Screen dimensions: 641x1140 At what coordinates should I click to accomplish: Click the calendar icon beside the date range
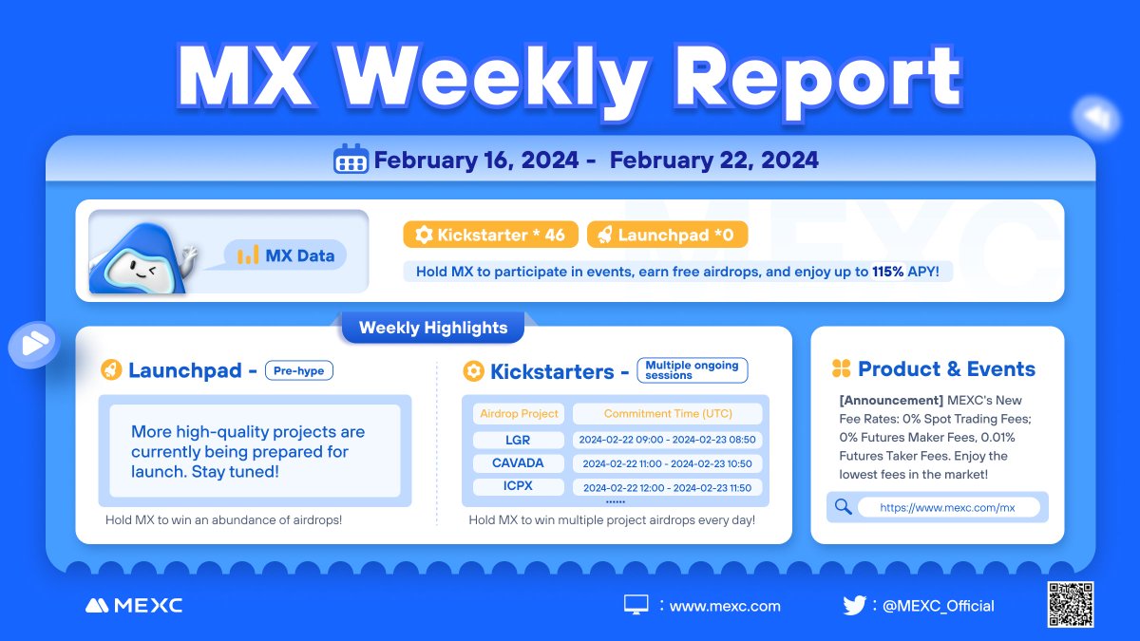point(351,160)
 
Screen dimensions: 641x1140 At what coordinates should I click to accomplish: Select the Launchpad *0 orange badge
point(667,236)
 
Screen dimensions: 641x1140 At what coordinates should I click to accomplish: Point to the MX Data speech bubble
point(286,255)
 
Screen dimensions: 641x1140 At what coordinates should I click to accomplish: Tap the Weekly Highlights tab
point(432,329)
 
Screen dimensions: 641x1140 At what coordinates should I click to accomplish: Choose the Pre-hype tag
point(298,370)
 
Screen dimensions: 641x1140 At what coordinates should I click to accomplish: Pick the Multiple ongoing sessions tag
point(692,370)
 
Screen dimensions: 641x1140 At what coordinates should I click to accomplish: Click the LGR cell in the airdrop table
point(518,441)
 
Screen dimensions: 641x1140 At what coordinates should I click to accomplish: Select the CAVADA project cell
point(518,463)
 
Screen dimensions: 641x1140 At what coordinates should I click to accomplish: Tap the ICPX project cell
point(518,487)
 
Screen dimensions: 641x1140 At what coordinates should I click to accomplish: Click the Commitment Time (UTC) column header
point(668,414)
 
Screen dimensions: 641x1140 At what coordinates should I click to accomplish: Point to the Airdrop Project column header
point(518,414)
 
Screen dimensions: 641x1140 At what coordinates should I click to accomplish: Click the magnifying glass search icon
point(843,507)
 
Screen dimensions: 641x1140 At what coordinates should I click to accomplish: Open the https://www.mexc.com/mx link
point(947,508)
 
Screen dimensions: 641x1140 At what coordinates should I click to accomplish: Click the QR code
point(1071,605)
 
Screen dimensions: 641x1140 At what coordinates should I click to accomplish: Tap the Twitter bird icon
point(854,605)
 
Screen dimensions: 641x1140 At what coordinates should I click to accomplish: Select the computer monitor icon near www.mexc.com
point(636,605)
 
